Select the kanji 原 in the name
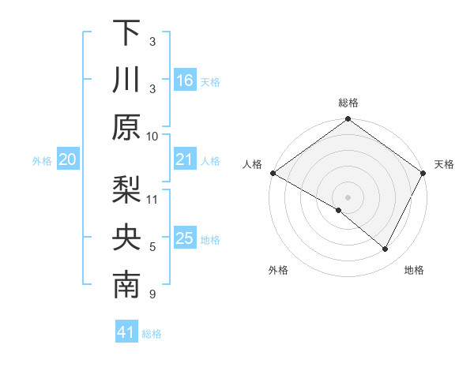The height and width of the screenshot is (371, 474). click(x=126, y=127)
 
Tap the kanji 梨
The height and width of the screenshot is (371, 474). click(x=126, y=189)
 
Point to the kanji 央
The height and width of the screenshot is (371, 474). click(x=126, y=238)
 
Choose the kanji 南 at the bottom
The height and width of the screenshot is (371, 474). click(x=126, y=287)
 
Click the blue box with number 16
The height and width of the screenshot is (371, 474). click(x=185, y=80)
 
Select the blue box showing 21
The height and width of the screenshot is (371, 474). click(x=185, y=160)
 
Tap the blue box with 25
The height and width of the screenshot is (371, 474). click(x=185, y=238)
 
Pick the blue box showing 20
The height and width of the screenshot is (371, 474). click(x=67, y=160)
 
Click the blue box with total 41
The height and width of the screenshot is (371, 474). click(x=126, y=333)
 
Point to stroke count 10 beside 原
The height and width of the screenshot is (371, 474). click(x=152, y=136)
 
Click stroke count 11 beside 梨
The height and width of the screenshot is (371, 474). click(x=152, y=198)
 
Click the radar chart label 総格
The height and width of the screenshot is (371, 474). click(x=348, y=103)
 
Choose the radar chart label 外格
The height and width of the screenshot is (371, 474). click(x=278, y=270)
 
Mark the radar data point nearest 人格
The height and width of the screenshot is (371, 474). click(x=273, y=173)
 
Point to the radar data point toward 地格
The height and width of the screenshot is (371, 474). click(x=386, y=249)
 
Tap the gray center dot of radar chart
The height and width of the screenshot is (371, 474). click(x=348, y=196)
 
